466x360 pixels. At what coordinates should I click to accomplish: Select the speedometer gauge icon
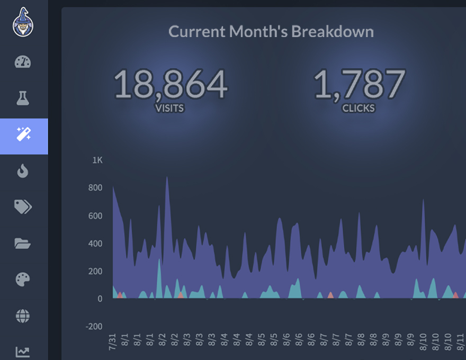click(x=23, y=62)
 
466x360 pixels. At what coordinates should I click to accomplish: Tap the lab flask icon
click(x=23, y=98)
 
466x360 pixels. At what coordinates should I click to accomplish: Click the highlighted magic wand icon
click(x=24, y=134)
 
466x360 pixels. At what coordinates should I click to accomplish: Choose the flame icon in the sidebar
click(x=23, y=170)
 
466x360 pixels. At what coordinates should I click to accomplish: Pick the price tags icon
click(x=23, y=207)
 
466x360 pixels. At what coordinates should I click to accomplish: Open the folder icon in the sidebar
click(x=23, y=244)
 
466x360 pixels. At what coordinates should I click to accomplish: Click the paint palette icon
click(x=23, y=280)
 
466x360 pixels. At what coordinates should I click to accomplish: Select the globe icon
click(x=23, y=317)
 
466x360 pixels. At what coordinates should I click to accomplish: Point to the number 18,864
click(x=171, y=85)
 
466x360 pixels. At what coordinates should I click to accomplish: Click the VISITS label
click(x=169, y=109)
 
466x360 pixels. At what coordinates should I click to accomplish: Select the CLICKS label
click(x=359, y=109)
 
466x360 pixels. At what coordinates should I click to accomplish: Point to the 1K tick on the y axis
click(x=97, y=160)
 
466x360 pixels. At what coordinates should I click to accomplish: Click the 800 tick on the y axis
click(x=95, y=187)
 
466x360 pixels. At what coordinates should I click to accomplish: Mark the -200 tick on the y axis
click(x=94, y=326)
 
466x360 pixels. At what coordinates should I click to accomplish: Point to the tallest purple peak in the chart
click(x=167, y=179)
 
